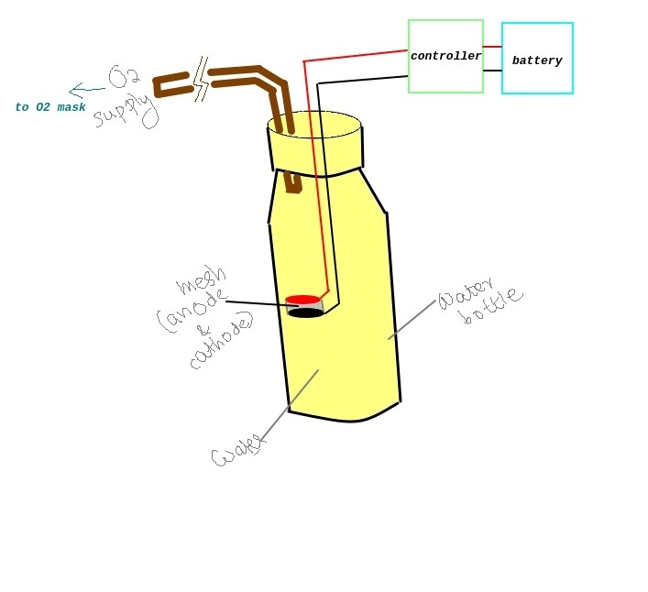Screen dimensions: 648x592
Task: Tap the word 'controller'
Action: pyautogui.click(x=446, y=56)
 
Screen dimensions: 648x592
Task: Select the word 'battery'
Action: pyautogui.click(x=537, y=60)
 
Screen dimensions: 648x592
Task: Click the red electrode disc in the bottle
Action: pyautogui.click(x=303, y=300)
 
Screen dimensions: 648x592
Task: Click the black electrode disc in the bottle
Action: pyautogui.click(x=305, y=313)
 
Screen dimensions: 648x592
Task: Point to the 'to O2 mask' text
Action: pyautogui.click(x=50, y=107)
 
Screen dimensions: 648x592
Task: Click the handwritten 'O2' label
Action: pyautogui.click(x=124, y=76)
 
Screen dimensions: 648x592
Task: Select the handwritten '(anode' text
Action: pyautogui.click(x=192, y=311)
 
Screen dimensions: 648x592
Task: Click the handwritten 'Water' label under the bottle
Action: pyautogui.click(x=237, y=451)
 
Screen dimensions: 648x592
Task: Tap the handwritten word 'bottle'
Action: pyautogui.click(x=493, y=306)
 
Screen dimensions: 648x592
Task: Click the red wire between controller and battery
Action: pyautogui.click(x=492, y=47)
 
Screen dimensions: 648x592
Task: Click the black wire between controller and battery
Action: pyautogui.click(x=492, y=71)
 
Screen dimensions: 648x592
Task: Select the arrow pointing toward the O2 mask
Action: pyautogui.click(x=87, y=90)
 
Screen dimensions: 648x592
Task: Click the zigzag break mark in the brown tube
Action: pyautogui.click(x=202, y=80)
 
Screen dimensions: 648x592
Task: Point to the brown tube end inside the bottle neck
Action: pyautogui.click(x=293, y=183)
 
